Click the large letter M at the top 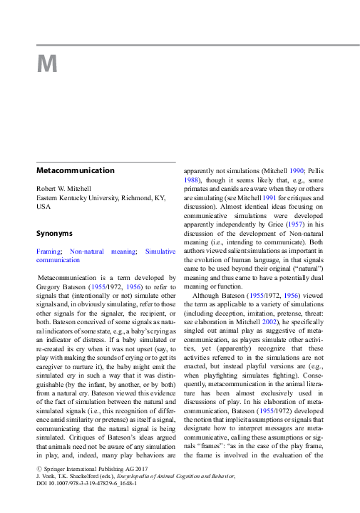tap(46, 65)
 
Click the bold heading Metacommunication tap(75, 171)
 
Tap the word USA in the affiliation tap(43, 207)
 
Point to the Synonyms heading tap(54, 233)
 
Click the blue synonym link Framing tap(48, 252)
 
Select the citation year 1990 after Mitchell tap(297, 172)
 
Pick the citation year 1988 tap(192, 181)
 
